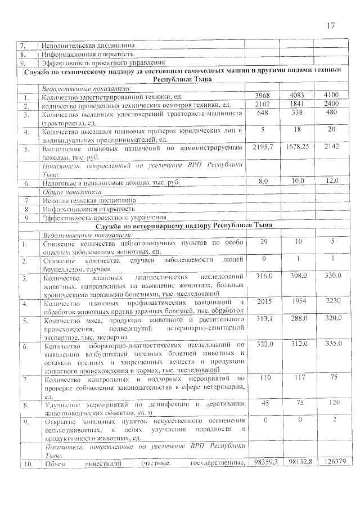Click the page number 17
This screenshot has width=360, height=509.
[330, 26]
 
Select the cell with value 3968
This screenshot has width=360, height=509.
[263, 95]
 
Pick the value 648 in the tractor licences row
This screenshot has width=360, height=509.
[263, 113]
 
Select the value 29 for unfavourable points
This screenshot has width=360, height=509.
[263, 241]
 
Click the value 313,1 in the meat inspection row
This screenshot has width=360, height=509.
[263, 318]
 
